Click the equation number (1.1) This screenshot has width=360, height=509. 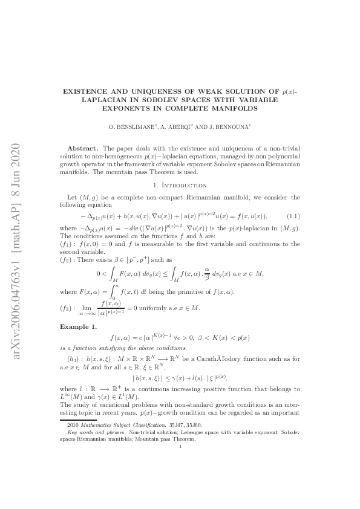pyautogui.click(x=292, y=216)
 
